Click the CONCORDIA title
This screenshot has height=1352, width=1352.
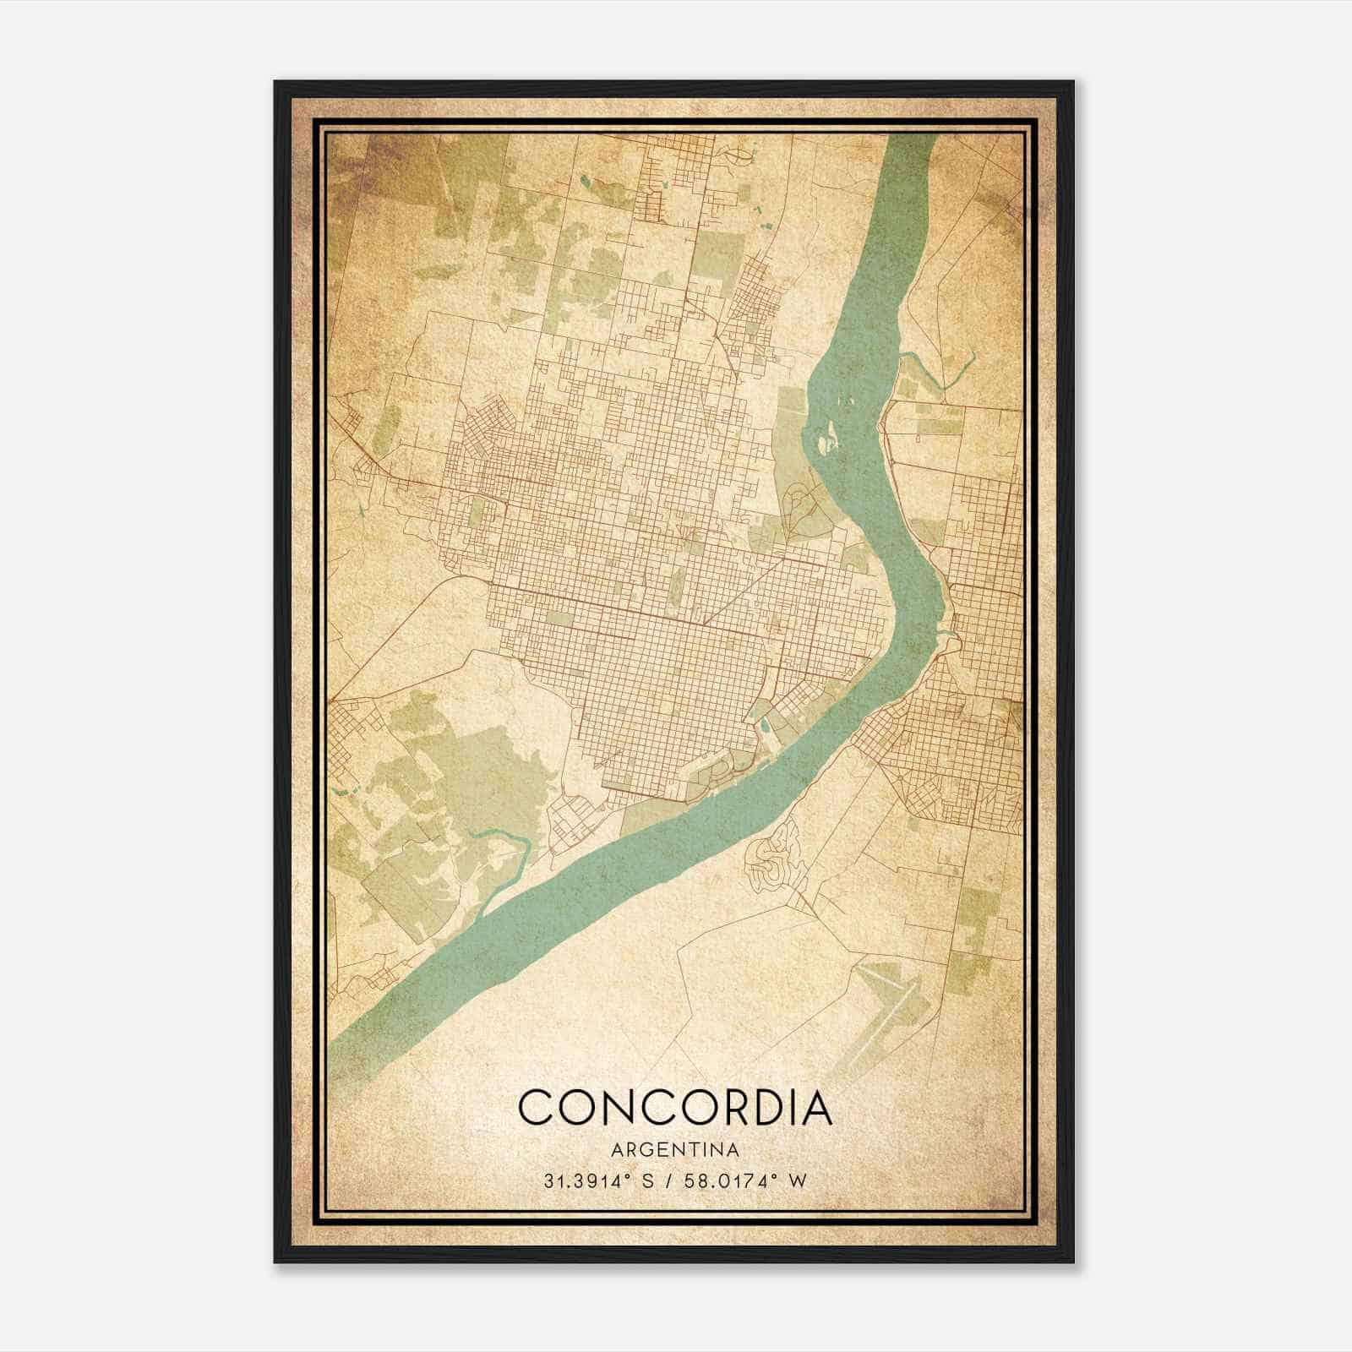675,1108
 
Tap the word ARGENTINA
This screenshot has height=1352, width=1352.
675,1150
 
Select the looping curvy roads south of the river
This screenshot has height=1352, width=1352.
773,858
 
